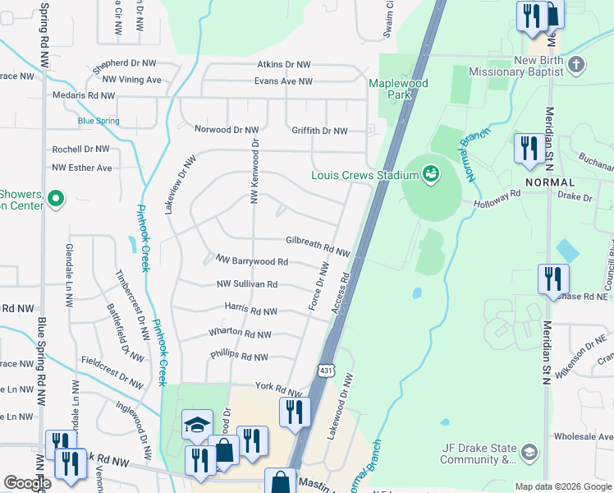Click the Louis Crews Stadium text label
[x=364, y=174]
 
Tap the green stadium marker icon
[x=429, y=173]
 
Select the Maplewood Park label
[x=400, y=90]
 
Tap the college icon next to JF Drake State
[x=529, y=453]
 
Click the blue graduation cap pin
[x=197, y=425]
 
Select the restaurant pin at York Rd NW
[x=294, y=411]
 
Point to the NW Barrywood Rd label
[x=251, y=261]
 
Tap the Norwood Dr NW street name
[x=227, y=130]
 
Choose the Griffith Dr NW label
[x=319, y=131]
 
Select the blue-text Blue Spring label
[x=99, y=121]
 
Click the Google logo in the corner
[x=27, y=484]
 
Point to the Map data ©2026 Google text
[x=562, y=486]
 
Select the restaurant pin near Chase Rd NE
[x=552, y=279]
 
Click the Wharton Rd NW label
[x=239, y=333]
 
